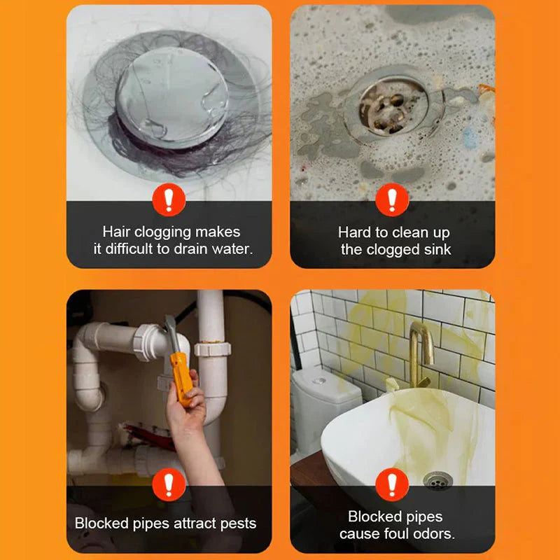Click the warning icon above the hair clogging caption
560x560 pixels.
click(169, 200)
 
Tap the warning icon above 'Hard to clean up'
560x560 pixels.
click(392, 200)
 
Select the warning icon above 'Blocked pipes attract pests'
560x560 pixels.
click(169, 484)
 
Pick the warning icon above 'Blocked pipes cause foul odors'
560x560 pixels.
click(392, 484)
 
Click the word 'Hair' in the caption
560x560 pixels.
click(116, 232)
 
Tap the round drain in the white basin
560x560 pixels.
click(437, 481)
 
